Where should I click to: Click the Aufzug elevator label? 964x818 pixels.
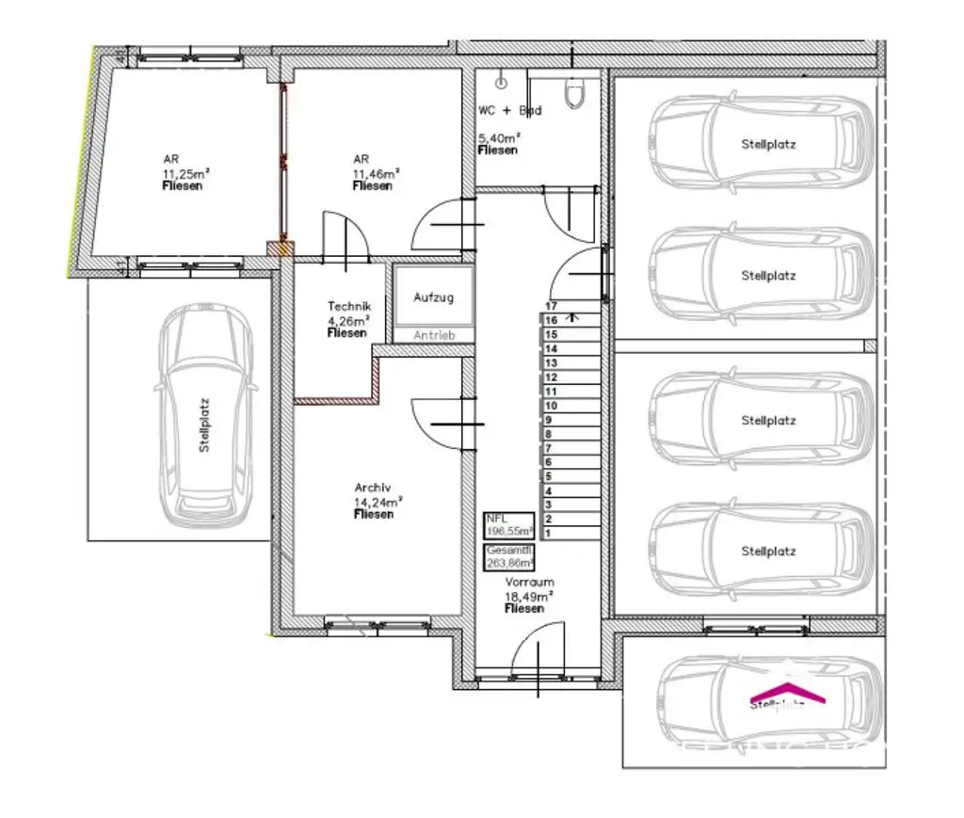coord(433,297)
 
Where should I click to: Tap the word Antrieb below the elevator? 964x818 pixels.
coord(433,335)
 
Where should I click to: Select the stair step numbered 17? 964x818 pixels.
coord(552,306)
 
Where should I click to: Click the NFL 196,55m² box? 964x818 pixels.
coord(508,524)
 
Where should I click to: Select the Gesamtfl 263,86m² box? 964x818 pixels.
coord(508,557)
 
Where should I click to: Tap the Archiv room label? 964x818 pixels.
coord(373,488)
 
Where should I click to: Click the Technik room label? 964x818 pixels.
coord(349,306)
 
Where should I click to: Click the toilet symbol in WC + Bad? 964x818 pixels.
coord(574,91)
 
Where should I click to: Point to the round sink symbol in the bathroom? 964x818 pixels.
coord(501,83)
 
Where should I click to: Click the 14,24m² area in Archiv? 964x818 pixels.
coord(374,502)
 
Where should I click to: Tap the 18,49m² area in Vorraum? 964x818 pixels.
coord(528,596)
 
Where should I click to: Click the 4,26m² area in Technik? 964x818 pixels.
coord(348,319)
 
